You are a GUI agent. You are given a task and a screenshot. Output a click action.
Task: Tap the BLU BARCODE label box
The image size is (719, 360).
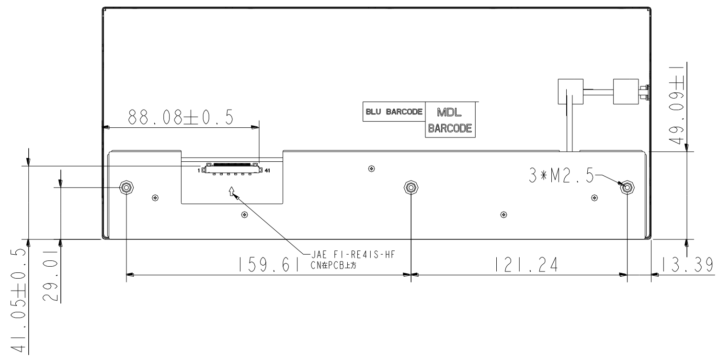pyautogui.click(x=394, y=112)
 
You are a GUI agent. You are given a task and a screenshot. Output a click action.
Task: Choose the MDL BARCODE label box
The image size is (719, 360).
pyautogui.click(x=450, y=120)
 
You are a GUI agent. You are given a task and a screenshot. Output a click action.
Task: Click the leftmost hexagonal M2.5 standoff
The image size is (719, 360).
pyautogui.click(x=126, y=187)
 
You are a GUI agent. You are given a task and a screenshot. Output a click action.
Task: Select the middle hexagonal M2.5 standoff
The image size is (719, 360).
pyautogui.click(x=410, y=187)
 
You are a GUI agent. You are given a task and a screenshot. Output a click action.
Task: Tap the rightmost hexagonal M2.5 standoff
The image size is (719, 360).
pyautogui.click(x=627, y=187)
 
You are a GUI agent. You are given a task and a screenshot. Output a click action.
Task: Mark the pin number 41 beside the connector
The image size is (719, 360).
pyautogui.click(x=267, y=169)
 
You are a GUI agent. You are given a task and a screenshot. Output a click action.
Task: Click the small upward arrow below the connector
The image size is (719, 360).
pyautogui.click(x=231, y=191)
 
